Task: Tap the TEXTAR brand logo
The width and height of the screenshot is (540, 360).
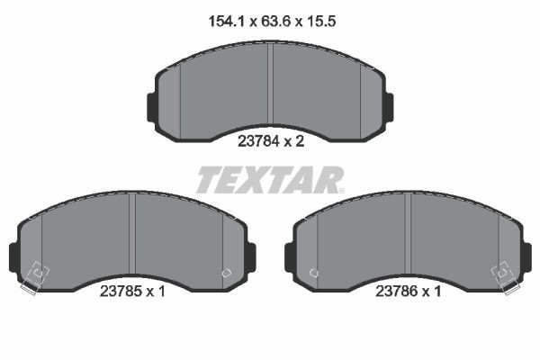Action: (x=269, y=180)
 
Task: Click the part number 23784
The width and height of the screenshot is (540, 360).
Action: (x=256, y=140)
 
